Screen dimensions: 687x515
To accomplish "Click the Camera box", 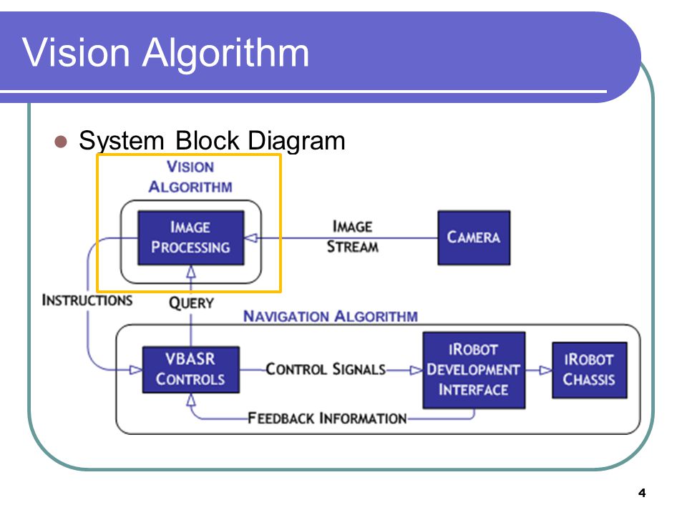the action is (474, 237).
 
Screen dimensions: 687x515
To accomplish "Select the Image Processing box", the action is (190, 237).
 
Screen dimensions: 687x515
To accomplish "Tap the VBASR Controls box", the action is (190, 370).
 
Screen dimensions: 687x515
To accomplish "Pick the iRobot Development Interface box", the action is (474, 370).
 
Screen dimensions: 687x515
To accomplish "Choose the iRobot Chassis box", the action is (589, 370).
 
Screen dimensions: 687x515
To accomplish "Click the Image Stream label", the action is (353, 237).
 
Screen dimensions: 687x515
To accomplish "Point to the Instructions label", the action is (87, 300).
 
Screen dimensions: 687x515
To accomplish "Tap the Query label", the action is (192, 303).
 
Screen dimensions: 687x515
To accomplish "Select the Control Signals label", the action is (326, 369).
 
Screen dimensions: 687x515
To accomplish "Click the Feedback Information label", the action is (327, 418).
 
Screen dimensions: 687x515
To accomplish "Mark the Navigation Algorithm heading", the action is (331, 316).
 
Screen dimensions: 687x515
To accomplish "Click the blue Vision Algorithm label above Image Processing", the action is (190, 177).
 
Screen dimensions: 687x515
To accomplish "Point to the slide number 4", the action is (642, 493).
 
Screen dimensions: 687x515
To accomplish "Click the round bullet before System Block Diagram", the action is (60, 142).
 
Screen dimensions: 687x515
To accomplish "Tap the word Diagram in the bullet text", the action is (296, 142).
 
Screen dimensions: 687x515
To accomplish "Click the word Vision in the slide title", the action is (76, 52).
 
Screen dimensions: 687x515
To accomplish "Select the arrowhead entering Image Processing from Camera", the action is (250, 238).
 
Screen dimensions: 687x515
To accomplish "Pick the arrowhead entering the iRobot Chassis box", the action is (545, 370).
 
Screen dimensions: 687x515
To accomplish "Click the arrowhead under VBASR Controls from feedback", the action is (191, 399).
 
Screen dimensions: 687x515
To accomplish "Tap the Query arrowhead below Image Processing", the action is (191, 272).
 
